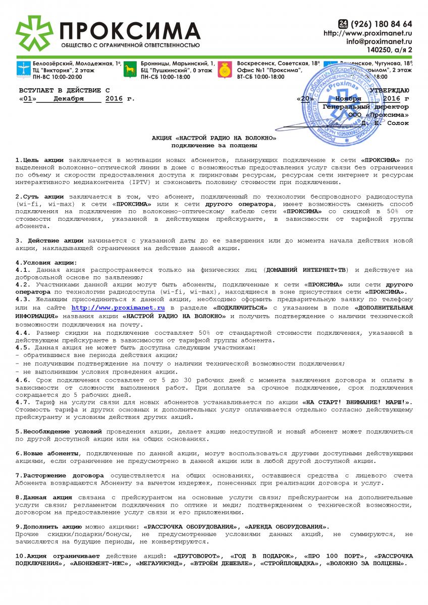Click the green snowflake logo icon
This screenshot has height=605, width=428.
tap(34, 34)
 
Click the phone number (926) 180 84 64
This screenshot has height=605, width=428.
tap(382, 24)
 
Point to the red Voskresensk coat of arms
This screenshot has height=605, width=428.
tap(225, 71)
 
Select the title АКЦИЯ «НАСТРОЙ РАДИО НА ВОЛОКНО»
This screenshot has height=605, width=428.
tap(214, 138)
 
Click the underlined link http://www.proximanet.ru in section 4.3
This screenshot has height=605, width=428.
tap(119, 307)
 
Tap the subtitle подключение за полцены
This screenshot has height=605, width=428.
tap(214, 145)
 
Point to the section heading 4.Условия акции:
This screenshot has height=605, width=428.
tap(46, 262)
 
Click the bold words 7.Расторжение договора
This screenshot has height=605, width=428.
tap(60, 475)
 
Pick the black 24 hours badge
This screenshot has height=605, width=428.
tap(343, 23)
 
